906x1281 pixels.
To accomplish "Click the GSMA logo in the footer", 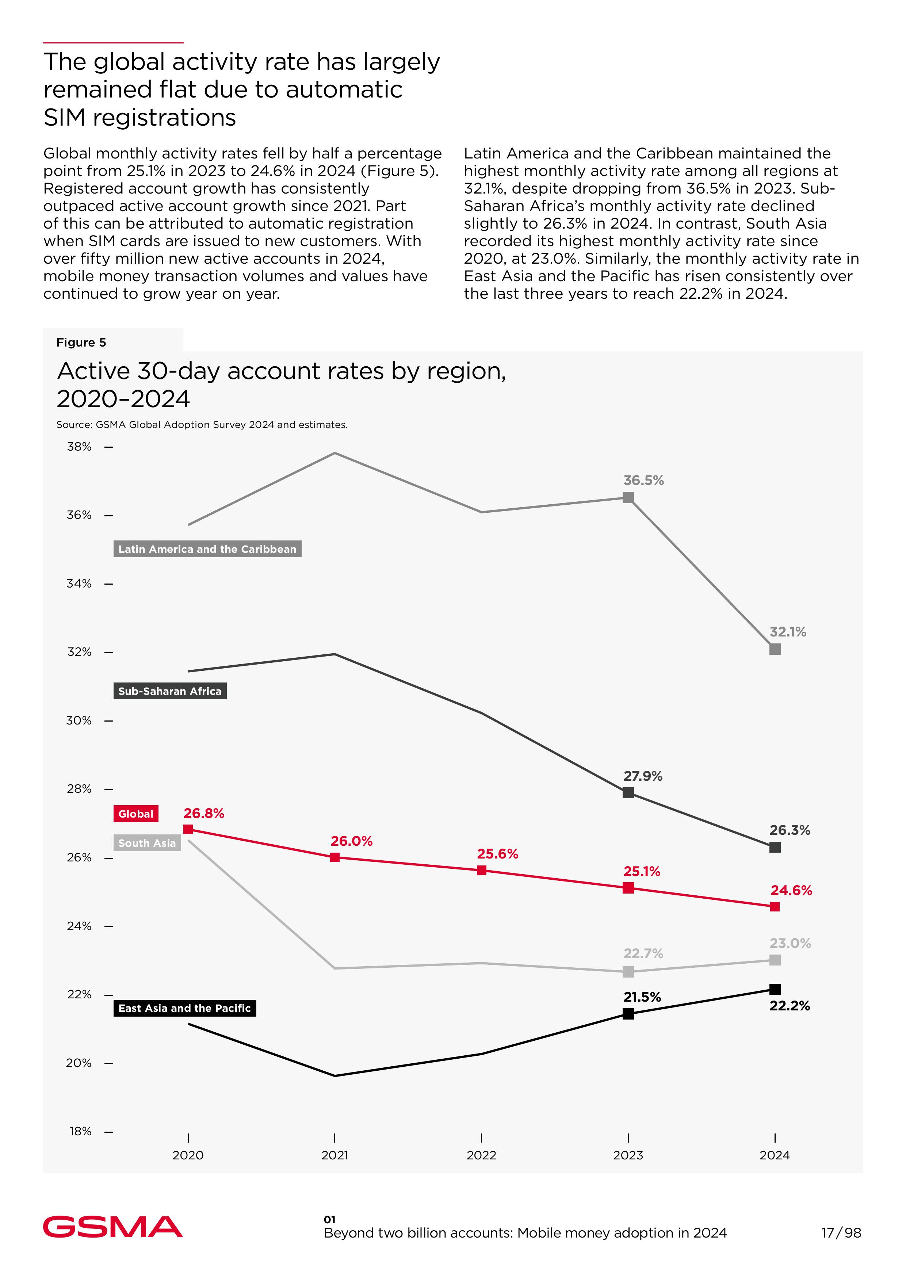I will (x=113, y=1227).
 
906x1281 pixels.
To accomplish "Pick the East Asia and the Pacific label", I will (x=185, y=1008).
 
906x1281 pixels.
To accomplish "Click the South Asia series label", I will (x=147, y=843).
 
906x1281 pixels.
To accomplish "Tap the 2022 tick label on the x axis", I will (x=481, y=1155).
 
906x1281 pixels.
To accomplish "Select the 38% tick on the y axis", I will (x=79, y=447).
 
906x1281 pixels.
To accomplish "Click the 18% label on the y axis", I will (x=80, y=1132).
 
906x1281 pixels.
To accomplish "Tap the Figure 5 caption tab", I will (x=81, y=343).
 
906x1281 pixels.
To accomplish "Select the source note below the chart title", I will (x=202, y=425).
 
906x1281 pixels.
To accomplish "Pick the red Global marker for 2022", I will (x=481, y=870).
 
